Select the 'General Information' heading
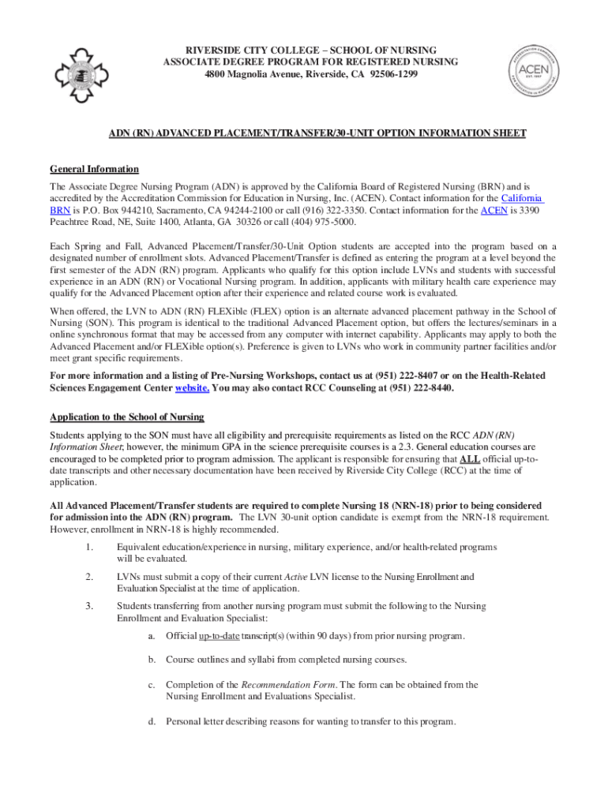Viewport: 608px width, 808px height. [x=94, y=169]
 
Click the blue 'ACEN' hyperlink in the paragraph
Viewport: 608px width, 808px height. [x=494, y=211]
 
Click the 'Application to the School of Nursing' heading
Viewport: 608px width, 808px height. [x=127, y=417]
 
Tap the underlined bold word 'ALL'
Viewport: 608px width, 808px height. [x=471, y=458]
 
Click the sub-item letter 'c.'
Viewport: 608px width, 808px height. [x=150, y=685]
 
